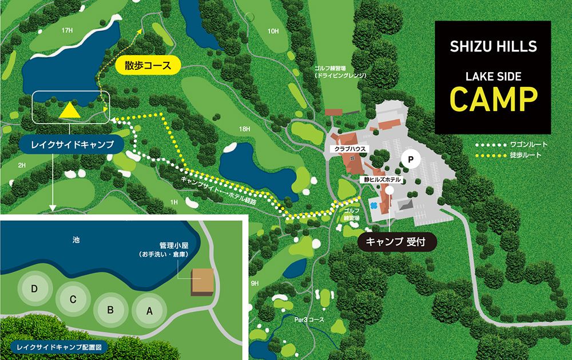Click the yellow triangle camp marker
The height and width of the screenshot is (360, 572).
point(70,110)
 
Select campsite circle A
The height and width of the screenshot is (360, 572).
point(150,311)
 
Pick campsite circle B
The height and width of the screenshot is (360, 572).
point(111,310)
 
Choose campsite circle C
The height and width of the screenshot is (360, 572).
point(73,298)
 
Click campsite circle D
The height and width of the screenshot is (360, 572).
point(35,289)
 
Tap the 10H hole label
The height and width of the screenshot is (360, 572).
point(273,31)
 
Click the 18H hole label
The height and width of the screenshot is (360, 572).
point(245,129)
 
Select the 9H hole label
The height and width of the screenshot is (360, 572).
point(255,283)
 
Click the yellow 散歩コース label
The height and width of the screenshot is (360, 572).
point(148,65)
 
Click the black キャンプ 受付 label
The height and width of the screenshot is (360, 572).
point(398,241)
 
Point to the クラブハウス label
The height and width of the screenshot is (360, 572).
point(351,149)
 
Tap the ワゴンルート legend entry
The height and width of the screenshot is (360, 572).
point(509,145)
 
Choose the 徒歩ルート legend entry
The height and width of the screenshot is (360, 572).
point(509,155)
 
